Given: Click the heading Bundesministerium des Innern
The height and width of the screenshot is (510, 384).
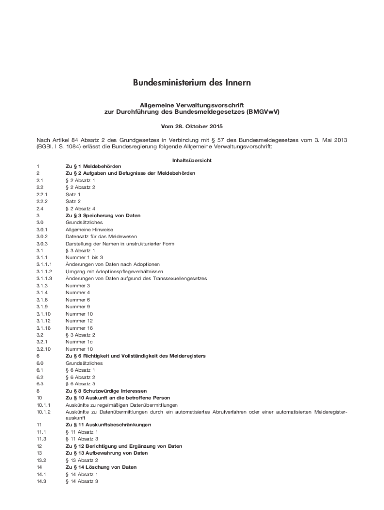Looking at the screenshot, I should pos(192,82).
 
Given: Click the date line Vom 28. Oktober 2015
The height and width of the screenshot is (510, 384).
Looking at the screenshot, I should pos(192,127).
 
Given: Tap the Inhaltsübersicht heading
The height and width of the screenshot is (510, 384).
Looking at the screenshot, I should pos(192,160).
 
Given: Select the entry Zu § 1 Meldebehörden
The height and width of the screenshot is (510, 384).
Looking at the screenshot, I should pos(93,166).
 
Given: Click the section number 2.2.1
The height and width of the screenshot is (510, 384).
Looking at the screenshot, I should pos(41,194).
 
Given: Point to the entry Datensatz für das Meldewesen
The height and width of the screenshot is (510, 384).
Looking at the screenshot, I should pos(101,236).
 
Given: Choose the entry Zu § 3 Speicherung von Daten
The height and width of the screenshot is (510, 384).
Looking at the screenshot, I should pos(103,215).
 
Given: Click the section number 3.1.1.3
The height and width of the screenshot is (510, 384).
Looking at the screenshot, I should pos(44,278).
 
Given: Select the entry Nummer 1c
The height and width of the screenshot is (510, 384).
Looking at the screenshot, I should pos(79,342).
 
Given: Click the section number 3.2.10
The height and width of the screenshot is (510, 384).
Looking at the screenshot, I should pos(42,349).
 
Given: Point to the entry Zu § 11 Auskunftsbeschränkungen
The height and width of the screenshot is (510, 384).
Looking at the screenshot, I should pos(108,424).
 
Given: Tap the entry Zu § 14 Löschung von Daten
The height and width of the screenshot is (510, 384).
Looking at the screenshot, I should pos(101,467).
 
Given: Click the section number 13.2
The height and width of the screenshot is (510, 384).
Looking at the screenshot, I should pos(41,460).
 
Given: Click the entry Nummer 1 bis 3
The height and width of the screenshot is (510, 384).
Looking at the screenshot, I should pos(84,257).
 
